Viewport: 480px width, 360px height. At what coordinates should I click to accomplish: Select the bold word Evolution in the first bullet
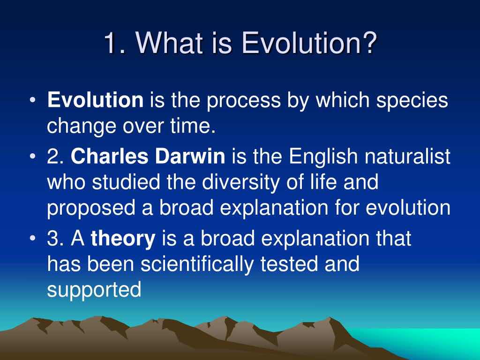pos(95,100)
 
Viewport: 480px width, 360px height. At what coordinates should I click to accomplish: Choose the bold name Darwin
pos(190,156)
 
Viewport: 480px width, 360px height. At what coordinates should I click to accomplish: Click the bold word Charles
pos(109,156)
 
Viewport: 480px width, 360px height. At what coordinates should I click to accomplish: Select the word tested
pos(289,264)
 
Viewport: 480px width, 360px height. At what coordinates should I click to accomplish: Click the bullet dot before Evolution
pos(33,100)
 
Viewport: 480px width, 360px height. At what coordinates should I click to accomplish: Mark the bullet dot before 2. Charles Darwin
pos(33,157)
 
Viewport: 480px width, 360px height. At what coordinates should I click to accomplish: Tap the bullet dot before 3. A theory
pos(33,239)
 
